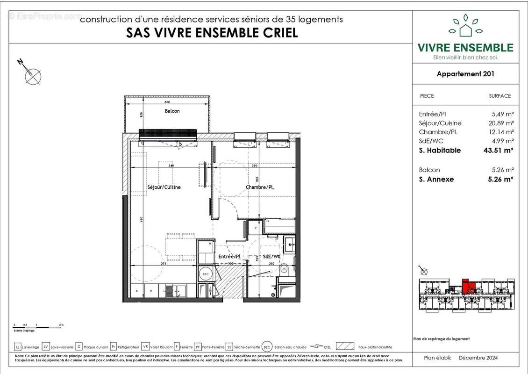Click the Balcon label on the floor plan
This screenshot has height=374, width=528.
click(172, 111)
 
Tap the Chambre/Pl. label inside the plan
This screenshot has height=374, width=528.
click(260, 187)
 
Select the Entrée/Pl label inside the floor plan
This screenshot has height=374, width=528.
click(229, 257)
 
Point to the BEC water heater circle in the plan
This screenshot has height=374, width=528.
click(205, 274)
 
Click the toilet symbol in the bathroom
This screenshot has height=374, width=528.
click(284, 269)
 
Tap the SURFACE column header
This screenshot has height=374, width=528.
click(499, 96)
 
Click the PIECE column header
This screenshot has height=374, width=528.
click(427, 96)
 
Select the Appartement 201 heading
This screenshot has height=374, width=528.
click(465, 73)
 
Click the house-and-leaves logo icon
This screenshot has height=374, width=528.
click(465, 27)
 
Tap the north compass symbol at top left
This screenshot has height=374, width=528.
click(32, 75)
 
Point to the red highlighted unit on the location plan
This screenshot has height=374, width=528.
click(469, 286)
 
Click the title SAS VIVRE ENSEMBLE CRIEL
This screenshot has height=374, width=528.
click(212, 33)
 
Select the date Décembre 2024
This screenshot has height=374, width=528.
click(478, 358)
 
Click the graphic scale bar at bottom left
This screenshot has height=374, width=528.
click(37, 325)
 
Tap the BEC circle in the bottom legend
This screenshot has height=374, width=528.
click(267, 347)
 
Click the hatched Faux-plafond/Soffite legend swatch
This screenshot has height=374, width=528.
click(344, 347)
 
